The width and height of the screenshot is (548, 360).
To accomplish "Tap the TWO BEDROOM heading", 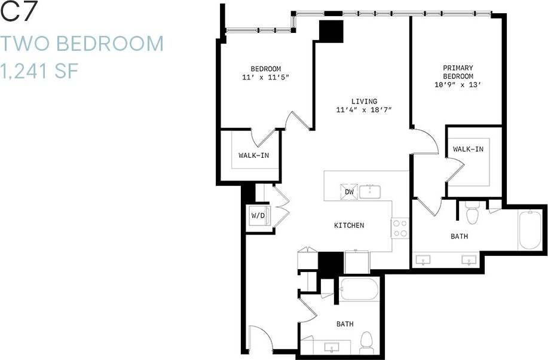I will [x=82, y=44].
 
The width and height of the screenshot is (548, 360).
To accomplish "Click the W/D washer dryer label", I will [x=258, y=215].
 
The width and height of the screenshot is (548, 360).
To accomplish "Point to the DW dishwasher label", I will [x=350, y=192].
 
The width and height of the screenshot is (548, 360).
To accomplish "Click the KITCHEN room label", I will [x=349, y=225].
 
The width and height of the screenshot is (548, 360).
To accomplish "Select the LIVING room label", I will [x=364, y=102].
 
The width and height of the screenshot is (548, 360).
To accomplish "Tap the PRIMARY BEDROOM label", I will [x=458, y=72].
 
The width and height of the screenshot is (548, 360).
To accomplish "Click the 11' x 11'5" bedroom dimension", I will [x=265, y=77].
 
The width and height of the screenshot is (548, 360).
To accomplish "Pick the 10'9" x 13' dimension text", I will [x=458, y=85].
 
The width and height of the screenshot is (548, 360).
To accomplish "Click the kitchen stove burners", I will [x=400, y=228].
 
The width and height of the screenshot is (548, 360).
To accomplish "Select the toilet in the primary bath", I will [x=472, y=213].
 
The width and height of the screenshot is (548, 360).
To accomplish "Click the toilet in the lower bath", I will [x=366, y=341].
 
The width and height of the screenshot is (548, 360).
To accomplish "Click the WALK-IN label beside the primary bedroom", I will [x=468, y=149].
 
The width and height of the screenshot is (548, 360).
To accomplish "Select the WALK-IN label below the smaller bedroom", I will [x=254, y=155].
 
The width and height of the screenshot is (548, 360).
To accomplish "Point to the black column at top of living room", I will [x=331, y=30].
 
